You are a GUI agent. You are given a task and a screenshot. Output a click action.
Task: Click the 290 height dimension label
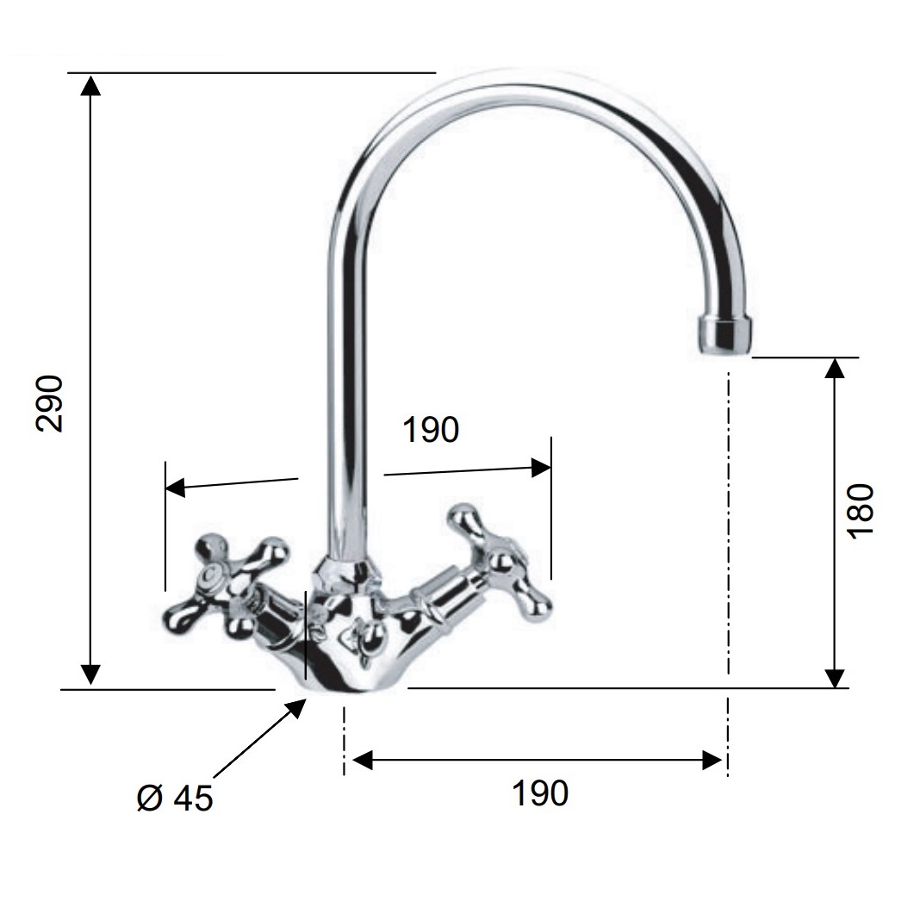coord(49,404)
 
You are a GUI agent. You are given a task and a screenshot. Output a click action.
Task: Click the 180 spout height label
coord(861,510)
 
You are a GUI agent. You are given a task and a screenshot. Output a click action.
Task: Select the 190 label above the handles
coord(431,430)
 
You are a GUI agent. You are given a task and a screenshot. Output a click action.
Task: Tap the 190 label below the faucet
coord(540,793)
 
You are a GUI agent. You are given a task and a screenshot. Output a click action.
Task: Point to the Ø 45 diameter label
coord(175,798)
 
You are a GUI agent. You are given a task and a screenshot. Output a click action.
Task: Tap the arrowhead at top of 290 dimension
coord(90,84)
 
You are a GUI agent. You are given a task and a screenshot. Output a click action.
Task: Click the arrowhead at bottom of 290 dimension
coord(90,674)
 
